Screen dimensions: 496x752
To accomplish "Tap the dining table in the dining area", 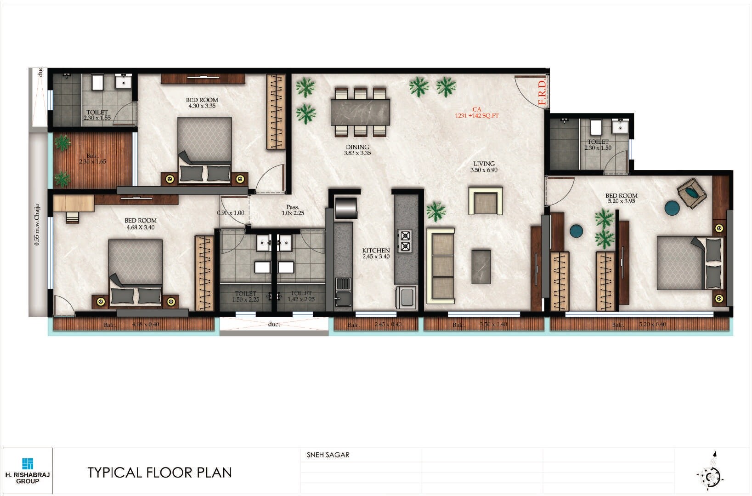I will [360, 112].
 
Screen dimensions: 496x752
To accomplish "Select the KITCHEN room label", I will [376, 251].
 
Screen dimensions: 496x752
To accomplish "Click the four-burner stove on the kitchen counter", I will [405, 241].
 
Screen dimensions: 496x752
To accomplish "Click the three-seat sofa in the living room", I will [441, 265].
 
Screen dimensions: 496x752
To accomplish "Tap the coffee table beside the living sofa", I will [481, 267].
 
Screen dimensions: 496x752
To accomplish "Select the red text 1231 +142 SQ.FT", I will [476, 115].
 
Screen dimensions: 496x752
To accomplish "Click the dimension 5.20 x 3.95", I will [621, 201].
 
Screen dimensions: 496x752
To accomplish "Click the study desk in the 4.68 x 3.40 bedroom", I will [74, 203].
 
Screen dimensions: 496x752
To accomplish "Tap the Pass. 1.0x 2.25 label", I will [293, 210].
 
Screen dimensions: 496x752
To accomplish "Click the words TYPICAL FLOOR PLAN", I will [159, 473].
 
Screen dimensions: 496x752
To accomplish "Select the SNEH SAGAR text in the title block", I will [328, 455].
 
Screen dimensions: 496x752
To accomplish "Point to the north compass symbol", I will [711, 473].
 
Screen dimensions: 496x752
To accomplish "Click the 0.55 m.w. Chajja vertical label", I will [37, 225].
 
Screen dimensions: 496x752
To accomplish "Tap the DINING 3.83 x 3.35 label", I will [357, 150].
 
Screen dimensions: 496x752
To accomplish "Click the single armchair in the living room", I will [485, 200].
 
